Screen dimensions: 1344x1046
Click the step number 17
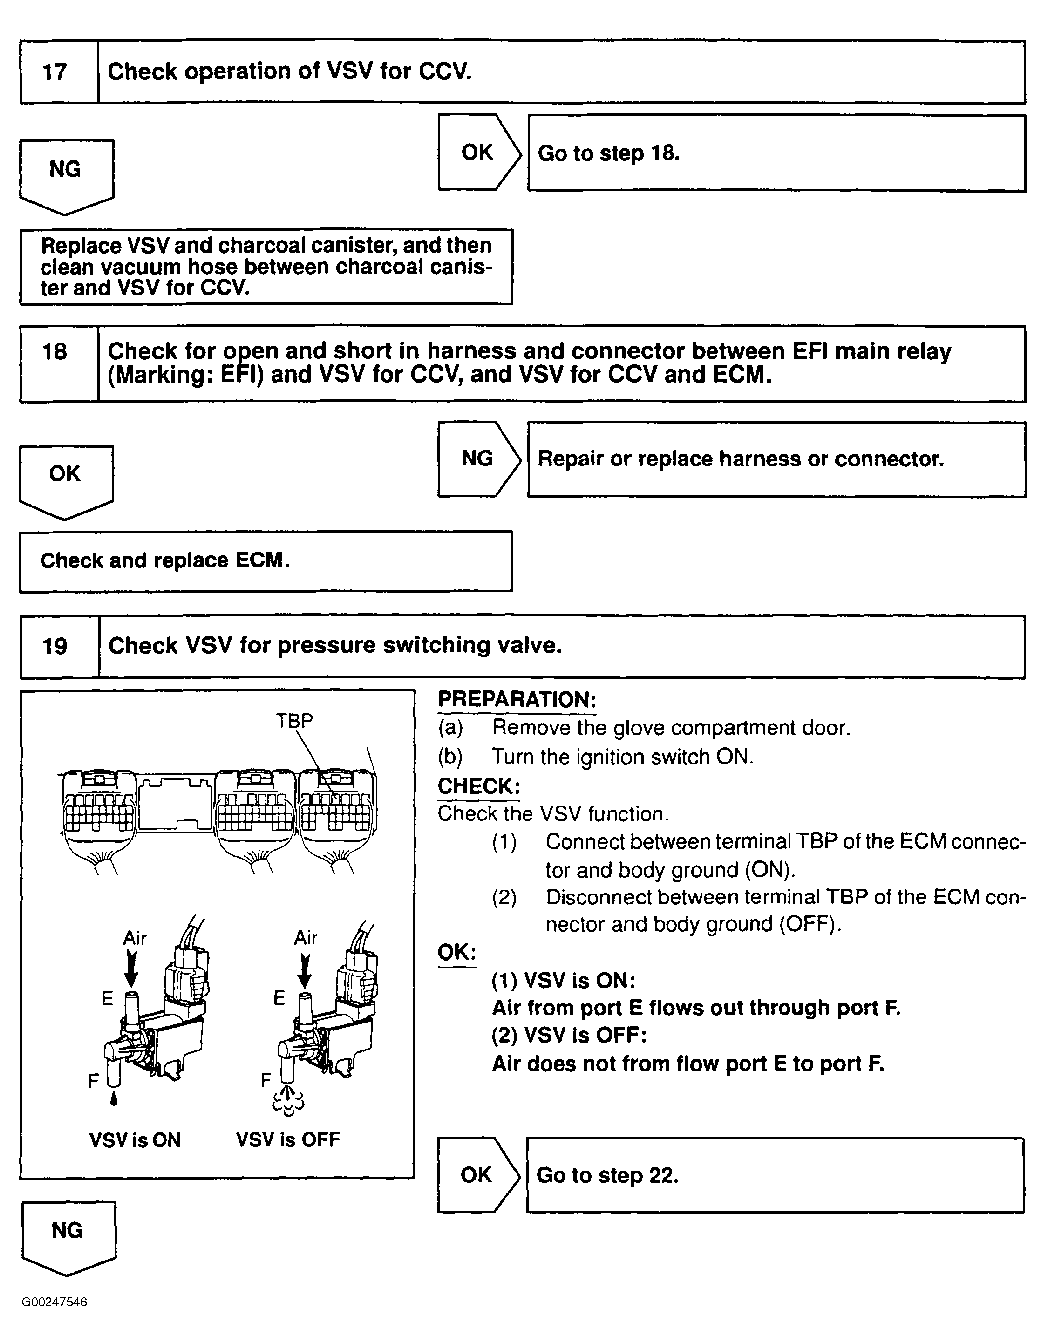[x=54, y=72]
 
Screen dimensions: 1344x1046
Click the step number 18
[x=54, y=352]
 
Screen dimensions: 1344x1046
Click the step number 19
[x=54, y=646]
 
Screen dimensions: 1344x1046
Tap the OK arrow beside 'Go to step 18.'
[x=478, y=152]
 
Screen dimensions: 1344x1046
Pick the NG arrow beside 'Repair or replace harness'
[x=478, y=459]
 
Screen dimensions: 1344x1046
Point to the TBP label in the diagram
[x=294, y=720]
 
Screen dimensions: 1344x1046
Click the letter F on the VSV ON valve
[x=93, y=1081]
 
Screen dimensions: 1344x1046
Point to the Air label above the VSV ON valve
[x=135, y=938]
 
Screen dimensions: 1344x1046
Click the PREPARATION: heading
[x=517, y=700]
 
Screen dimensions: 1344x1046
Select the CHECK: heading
[x=479, y=786]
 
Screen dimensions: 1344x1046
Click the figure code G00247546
[x=54, y=1302]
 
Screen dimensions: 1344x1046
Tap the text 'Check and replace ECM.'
[x=165, y=560]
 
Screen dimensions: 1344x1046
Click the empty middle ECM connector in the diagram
[x=176, y=803]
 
